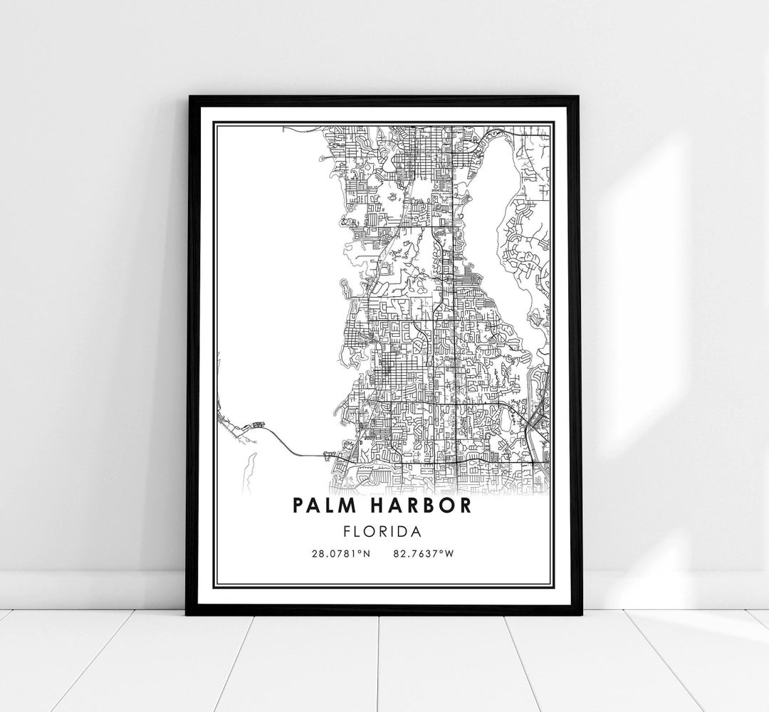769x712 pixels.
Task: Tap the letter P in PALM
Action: pyautogui.click(x=295, y=506)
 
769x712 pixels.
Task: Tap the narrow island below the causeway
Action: pyautogui.click(x=249, y=470)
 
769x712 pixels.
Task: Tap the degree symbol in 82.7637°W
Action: pyautogui.click(x=442, y=551)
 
